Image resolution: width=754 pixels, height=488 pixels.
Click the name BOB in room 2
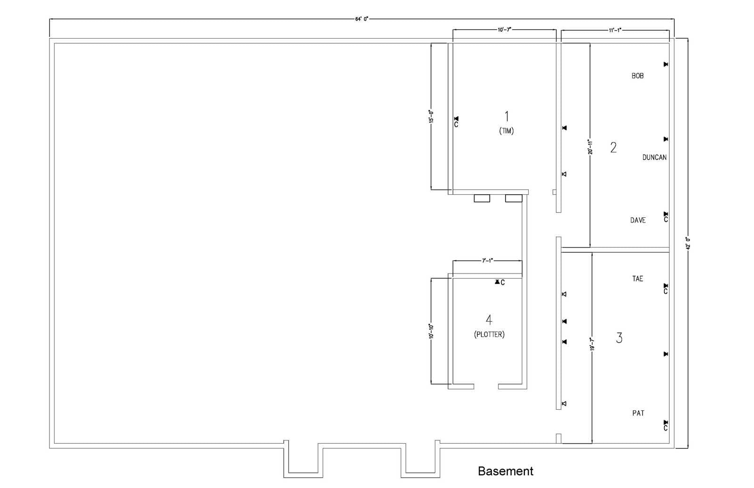click(637, 75)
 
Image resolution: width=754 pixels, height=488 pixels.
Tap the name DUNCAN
click(655, 157)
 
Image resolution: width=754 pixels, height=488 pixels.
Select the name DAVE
click(638, 220)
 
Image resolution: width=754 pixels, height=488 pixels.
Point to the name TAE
click(637, 279)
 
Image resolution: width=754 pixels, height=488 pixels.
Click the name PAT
click(638, 413)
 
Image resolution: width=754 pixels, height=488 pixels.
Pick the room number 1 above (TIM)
click(507, 116)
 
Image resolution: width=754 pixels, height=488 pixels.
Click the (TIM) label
click(507, 131)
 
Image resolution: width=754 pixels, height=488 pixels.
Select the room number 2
click(613, 148)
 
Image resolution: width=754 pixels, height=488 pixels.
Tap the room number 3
click(619, 338)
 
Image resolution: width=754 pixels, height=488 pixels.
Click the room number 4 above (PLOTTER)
click(489, 320)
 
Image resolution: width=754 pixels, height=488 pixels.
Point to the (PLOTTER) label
click(489, 335)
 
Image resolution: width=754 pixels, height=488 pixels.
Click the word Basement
click(505, 471)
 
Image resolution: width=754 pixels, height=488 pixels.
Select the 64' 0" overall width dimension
click(361, 19)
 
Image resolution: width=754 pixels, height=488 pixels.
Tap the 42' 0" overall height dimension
click(688, 243)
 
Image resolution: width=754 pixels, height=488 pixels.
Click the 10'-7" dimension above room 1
click(504, 30)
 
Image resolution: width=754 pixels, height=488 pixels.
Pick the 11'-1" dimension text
click(615, 30)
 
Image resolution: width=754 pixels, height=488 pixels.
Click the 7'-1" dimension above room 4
click(487, 260)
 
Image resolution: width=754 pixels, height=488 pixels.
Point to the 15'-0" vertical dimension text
click(431, 116)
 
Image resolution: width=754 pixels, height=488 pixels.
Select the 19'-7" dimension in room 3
click(592, 344)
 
